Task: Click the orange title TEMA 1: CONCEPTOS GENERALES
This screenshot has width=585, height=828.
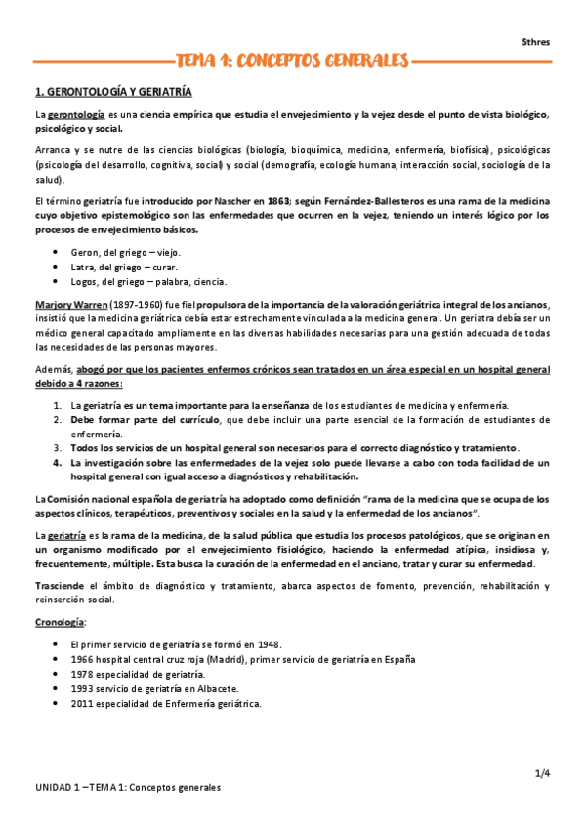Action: pyautogui.click(x=291, y=62)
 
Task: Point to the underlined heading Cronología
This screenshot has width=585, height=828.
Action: pyautogui.click(x=60, y=621)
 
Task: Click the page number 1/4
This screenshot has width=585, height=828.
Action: pyautogui.click(x=542, y=773)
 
